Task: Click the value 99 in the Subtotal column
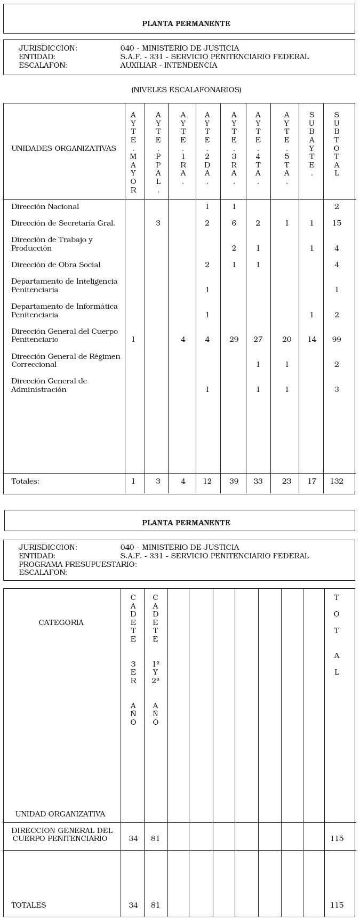[x=337, y=339]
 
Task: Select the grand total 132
[x=337, y=481]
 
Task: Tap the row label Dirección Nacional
[x=45, y=206]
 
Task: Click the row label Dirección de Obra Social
[x=55, y=265]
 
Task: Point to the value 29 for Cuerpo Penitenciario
[x=234, y=339]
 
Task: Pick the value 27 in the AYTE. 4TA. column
[x=258, y=339]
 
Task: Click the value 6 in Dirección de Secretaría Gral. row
[x=234, y=223]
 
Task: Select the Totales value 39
[x=234, y=481]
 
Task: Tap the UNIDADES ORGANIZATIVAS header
[x=63, y=148]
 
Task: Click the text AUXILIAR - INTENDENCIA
[x=169, y=65]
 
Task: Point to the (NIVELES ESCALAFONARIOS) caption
[x=186, y=90]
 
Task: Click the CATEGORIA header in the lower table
[x=61, y=622]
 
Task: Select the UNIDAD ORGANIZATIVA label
[x=60, y=814]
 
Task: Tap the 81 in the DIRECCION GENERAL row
[x=155, y=838]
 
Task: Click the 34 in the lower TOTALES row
[x=133, y=905]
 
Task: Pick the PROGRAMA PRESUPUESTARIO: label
[x=78, y=564]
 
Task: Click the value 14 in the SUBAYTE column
[x=312, y=339]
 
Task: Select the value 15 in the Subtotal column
[x=337, y=223]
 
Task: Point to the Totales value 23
[x=286, y=481]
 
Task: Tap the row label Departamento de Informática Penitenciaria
[x=64, y=310]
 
